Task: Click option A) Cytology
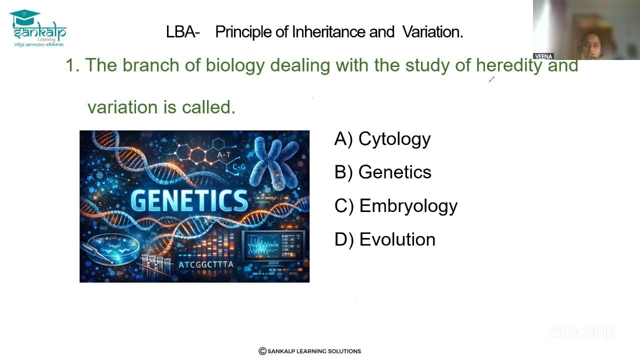[x=382, y=139]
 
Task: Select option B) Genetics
[x=382, y=172]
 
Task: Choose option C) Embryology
[x=395, y=206]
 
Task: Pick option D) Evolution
[x=384, y=239]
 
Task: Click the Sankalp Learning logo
[x=38, y=29]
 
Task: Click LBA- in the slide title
[x=182, y=32]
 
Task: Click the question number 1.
[x=72, y=65]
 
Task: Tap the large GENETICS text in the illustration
[x=189, y=200]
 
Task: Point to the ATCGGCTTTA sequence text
[x=206, y=264]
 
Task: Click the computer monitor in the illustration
[x=273, y=246]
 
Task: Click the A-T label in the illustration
[x=223, y=155]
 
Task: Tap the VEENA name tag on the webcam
[x=543, y=56]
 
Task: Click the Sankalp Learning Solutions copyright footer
[x=309, y=351]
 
